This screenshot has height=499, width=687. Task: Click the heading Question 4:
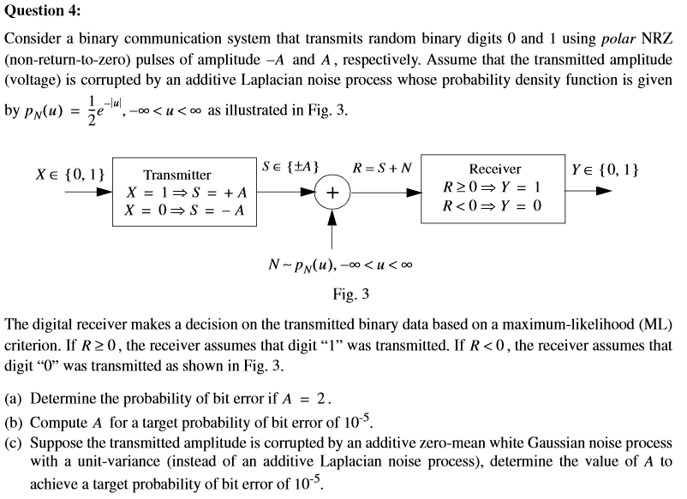tap(43, 10)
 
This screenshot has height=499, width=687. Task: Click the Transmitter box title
tap(177, 175)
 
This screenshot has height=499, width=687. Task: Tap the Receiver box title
tap(495, 169)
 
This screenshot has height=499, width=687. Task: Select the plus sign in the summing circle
tap(332, 193)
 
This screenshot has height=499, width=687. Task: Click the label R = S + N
tap(382, 168)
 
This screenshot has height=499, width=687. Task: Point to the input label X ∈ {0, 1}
tap(70, 175)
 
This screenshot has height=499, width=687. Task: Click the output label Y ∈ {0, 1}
tap(605, 169)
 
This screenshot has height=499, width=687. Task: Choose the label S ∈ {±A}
tap(290, 167)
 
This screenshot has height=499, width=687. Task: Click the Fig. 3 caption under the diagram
tap(351, 294)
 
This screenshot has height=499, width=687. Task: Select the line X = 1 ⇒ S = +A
tap(187, 193)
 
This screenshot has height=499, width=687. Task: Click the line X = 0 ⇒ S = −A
tap(184, 211)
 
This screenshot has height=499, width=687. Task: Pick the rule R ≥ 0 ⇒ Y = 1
tap(492, 187)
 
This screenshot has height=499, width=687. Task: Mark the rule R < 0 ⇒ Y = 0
tap(492, 205)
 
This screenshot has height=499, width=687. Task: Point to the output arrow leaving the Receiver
tap(588, 191)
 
